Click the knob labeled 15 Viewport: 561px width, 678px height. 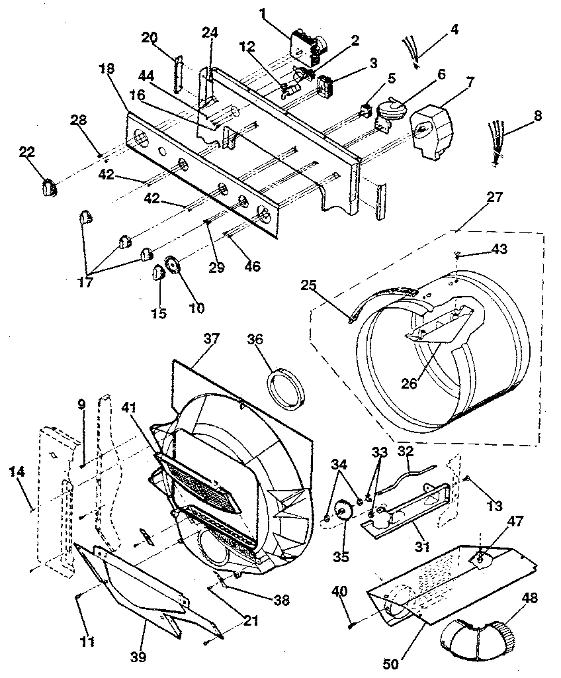[x=159, y=272]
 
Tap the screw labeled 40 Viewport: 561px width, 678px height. [x=352, y=623]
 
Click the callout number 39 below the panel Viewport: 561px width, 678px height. [x=138, y=657]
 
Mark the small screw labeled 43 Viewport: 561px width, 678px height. [x=458, y=254]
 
